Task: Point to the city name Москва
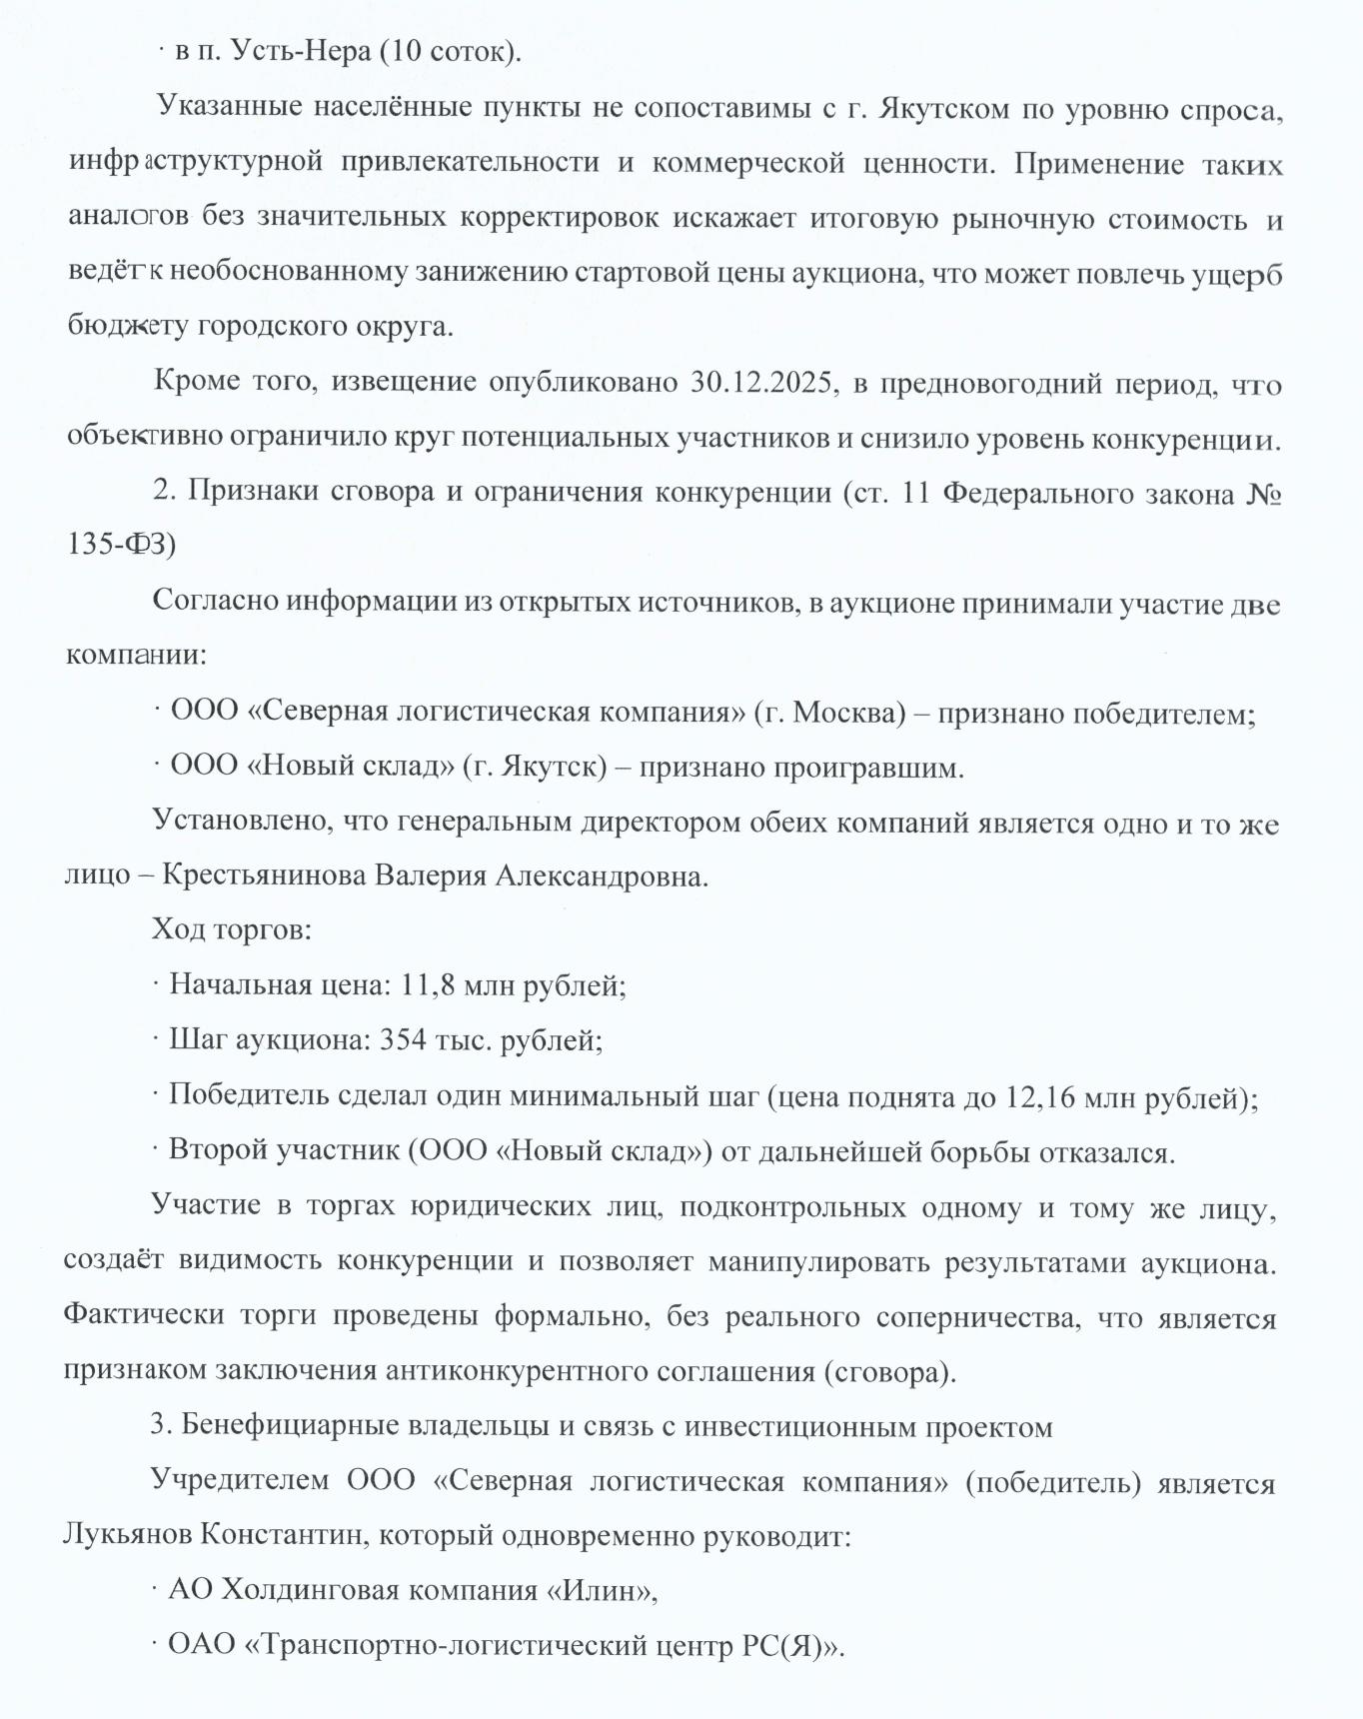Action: pyautogui.click(x=843, y=714)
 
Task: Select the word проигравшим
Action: pyautogui.click(x=876, y=768)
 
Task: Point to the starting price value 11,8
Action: pyautogui.click(x=420, y=985)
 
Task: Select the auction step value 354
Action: pyautogui.click(x=403, y=1040)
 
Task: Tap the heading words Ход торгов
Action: pyautogui.click(x=232, y=930)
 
